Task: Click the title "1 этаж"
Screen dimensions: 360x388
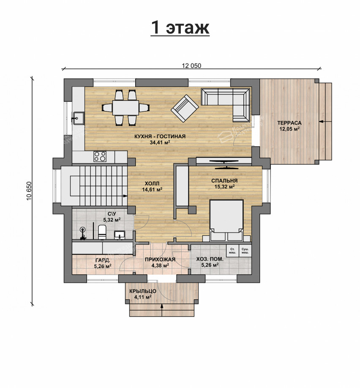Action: tap(180, 27)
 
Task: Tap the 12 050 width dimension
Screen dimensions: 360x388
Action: tap(191, 66)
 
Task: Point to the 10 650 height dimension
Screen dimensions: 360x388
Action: tap(29, 191)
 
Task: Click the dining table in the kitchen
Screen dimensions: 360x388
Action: tap(125, 108)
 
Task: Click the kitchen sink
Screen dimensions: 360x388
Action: tap(78, 117)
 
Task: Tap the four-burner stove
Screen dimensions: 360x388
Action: tap(100, 156)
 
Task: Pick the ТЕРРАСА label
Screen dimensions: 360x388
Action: tap(289, 123)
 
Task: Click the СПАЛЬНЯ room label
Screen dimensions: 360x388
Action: tap(224, 180)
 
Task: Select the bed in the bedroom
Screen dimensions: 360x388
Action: tap(226, 220)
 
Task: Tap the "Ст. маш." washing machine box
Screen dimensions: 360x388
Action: tap(232, 251)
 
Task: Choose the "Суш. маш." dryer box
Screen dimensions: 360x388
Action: tap(245, 251)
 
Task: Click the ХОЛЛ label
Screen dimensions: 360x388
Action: tap(152, 183)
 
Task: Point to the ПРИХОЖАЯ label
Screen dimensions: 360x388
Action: tap(160, 260)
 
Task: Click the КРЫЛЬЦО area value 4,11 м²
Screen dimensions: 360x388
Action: tap(143, 297)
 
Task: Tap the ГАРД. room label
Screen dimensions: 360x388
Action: tap(103, 260)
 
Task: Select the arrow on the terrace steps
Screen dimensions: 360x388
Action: tap(325, 121)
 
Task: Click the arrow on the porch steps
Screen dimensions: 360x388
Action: tap(162, 310)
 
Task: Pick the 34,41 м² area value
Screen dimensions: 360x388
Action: tap(160, 142)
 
